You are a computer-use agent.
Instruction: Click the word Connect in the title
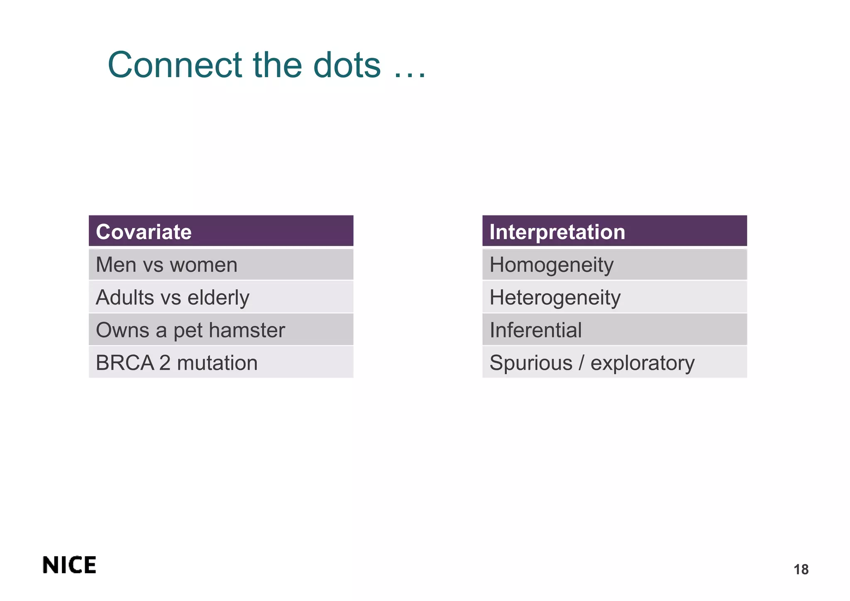click(175, 65)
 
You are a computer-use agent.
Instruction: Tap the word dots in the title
click(347, 65)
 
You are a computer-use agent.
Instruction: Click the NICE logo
click(69, 565)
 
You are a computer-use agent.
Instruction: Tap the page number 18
click(801, 569)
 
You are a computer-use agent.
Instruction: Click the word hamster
click(247, 330)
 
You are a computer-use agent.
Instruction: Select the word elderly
click(218, 297)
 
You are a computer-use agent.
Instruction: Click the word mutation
click(217, 363)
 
